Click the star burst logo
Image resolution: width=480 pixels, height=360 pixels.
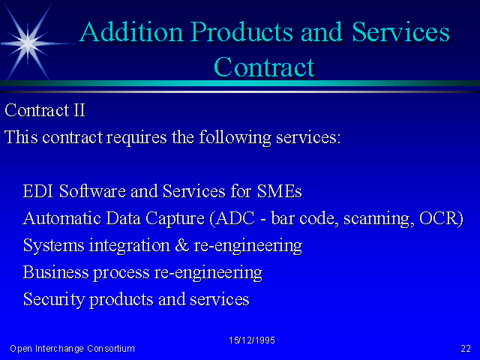(28, 43)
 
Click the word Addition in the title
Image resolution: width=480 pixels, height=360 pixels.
(131, 31)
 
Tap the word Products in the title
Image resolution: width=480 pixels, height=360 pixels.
(241, 31)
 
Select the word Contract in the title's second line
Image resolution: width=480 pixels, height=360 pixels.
(264, 67)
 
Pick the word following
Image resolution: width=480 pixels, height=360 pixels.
(235, 137)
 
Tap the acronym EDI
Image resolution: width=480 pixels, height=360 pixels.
(38, 191)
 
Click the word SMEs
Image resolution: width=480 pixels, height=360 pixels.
(279, 191)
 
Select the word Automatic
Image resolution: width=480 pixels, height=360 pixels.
(62, 218)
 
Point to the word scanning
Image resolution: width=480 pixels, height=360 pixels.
(379, 219)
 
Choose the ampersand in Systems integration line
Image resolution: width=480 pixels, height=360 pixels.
(182, 245)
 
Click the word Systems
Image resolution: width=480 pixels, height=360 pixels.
(53, 246)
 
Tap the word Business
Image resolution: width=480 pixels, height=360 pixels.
(55, 272)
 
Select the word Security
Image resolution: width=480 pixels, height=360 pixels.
(53, 300)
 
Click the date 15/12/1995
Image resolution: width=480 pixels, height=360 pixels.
(252, 340)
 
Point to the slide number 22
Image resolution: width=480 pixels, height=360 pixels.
(466, 348)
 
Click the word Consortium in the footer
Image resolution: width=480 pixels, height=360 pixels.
(111, 348)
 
